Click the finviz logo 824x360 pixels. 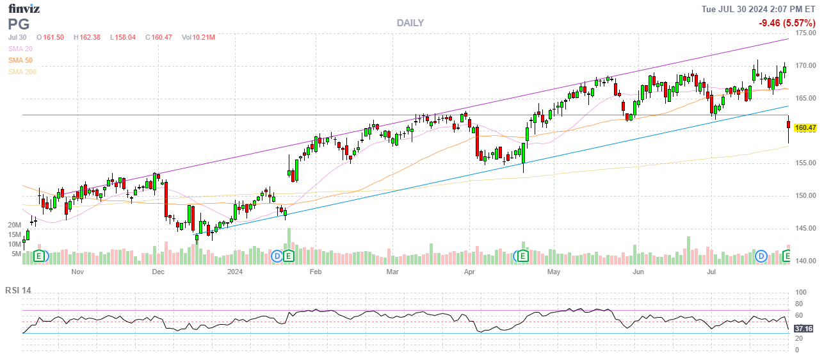24,8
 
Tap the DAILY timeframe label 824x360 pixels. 410,23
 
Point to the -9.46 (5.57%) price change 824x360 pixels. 787,23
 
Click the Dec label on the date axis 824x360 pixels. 158,272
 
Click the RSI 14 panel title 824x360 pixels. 18,290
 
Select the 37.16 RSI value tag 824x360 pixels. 804,329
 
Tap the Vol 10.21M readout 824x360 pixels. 198,37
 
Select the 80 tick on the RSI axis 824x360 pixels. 798,304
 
